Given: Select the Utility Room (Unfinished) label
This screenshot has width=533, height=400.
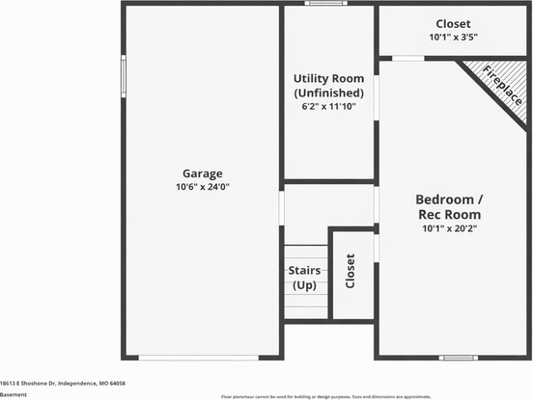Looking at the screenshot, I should click(328, 85).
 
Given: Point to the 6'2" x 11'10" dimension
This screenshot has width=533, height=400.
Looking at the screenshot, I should click(328, 106).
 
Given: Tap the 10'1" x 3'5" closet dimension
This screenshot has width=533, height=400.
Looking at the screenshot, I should click(453, 37).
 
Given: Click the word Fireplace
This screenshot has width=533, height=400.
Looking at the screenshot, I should click(503, 85).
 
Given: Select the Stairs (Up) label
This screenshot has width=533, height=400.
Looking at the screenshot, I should click(305, 279).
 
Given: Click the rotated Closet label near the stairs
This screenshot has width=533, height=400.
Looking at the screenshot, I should click(351, 273).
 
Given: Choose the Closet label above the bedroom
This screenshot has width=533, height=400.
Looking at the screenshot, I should click(453, 23).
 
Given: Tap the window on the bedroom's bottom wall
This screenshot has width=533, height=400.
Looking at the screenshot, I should click(459, 358).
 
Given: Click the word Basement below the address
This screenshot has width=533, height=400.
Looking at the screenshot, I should click(14, 394).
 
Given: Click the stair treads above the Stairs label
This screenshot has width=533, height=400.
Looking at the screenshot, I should click(305, 253).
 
